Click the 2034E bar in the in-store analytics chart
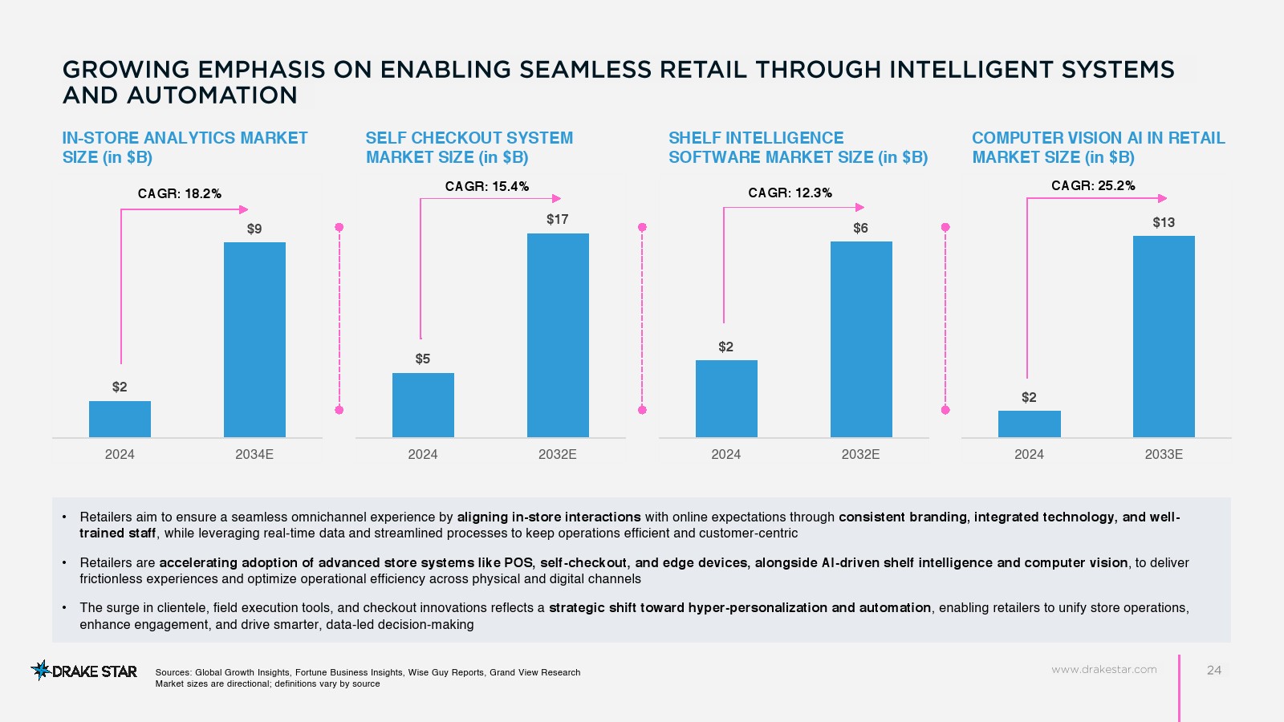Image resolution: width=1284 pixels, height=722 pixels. [254, 339]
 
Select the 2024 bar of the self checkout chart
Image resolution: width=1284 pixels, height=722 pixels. [423, 405]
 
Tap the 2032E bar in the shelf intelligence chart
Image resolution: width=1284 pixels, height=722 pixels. [861, 339]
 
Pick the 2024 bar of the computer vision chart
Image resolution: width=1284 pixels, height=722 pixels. [1029, 424]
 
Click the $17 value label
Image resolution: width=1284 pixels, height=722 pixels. [558, 219]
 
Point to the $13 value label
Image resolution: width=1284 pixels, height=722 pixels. [1164, 222]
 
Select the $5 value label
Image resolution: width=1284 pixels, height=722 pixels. [423, 359]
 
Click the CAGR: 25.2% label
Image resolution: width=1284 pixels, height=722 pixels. [1093, 185]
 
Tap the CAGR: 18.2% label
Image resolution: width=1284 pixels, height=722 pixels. [180, 193]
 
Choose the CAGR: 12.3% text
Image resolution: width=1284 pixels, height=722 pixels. [790, 193]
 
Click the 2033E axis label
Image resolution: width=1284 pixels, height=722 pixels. [1164, 454]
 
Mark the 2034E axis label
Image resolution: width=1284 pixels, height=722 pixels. [254, 454]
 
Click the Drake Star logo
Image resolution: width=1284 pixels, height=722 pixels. [84, 671]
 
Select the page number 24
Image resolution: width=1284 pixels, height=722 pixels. [1214, 670]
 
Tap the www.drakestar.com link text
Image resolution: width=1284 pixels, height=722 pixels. [1104, 669]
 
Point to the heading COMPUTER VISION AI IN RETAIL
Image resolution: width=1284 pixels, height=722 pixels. [1098, 138]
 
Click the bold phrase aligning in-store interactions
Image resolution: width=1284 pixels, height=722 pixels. [549, 517]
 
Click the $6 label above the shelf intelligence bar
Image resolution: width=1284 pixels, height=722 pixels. [860, 228]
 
